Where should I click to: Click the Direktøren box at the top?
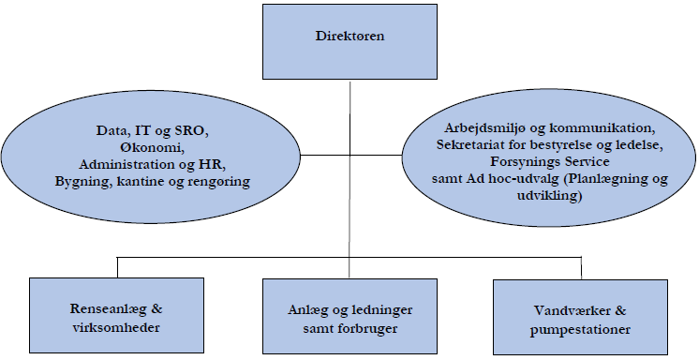[x=349, y=38]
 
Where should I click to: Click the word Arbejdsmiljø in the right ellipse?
[x=485, y=127]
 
